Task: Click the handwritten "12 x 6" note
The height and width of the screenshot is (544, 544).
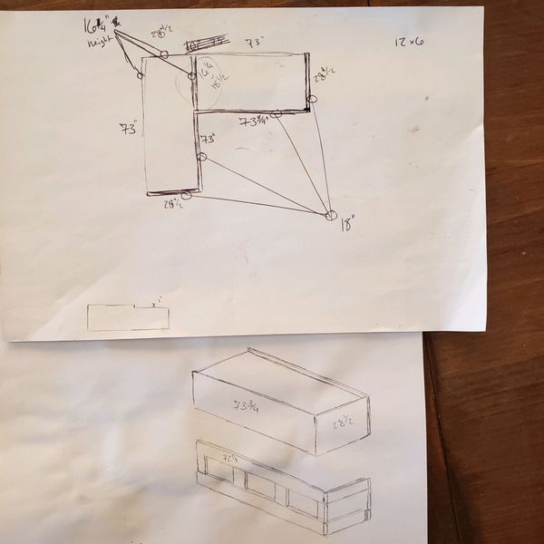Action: (410, 43)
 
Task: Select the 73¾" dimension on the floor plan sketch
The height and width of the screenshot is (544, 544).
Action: (254, 121)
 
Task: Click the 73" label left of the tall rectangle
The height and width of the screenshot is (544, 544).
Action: (128, 130)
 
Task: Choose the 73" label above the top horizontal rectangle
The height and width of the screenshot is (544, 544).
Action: (254, 43)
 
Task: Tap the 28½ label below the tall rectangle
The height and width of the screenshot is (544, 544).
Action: (173, 204)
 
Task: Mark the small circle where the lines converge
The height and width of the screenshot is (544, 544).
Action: (330, 215)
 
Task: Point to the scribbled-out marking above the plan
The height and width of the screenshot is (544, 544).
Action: (205, 43)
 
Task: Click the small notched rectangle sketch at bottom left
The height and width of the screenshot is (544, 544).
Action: (128, 316)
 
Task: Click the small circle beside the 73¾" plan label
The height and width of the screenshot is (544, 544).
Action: (277, 114)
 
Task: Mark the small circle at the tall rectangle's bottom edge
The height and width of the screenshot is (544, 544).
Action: (186, 194)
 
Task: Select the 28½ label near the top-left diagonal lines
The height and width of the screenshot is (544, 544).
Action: (160, 34)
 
